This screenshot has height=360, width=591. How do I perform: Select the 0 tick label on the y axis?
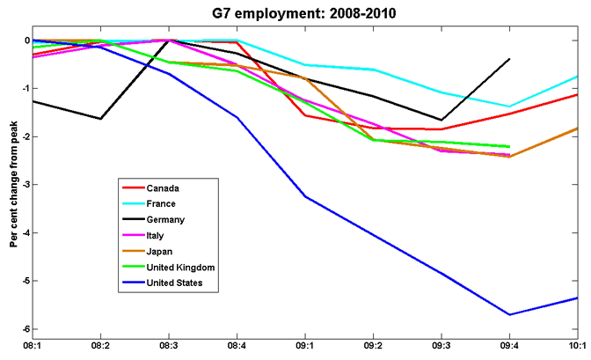[x=26, y=40]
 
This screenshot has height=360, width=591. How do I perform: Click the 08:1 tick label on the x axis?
[x=33, y=348]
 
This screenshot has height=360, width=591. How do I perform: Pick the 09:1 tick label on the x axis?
[x=305, y=348]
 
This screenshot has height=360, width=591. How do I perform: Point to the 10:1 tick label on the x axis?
[x=577, y=348]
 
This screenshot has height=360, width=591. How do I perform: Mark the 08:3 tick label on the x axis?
[x=169, y=348]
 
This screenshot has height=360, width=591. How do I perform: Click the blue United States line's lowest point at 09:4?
[x=509, y=314]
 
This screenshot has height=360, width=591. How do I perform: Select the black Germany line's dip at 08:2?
[x=101, y=119]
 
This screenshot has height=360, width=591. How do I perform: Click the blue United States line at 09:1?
[x=305, y=196]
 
